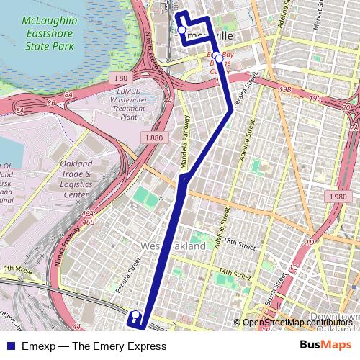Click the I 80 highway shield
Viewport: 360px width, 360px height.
120,77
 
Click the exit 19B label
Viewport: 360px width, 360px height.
286,90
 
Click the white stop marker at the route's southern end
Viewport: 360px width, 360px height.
134,315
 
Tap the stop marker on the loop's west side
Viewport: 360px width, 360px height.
181,30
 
